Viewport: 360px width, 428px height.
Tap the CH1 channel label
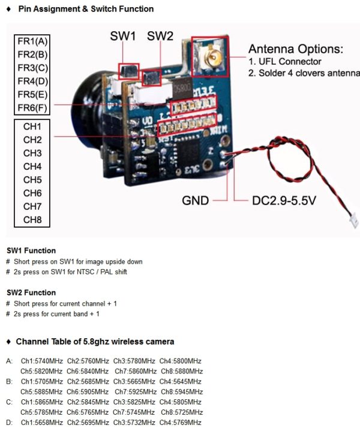click(x=32, y=126)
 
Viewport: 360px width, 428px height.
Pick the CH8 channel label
click(x=32, y=219)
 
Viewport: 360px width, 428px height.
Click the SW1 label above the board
click(x=123, y=36)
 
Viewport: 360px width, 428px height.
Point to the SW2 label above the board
click(x=160, y=36)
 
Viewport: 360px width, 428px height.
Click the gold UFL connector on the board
click(x=210, y=58)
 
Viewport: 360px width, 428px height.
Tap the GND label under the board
click(x=196, y=201)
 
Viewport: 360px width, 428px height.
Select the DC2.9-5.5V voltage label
click(x=284, y=201)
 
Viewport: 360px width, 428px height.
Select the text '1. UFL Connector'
click(x=285, y=62)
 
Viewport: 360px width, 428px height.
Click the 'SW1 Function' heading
click(x=31, y=251)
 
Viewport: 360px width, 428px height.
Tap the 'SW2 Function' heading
click(x=31, y=293)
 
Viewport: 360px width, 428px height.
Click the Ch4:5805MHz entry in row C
click(x=181, y=402)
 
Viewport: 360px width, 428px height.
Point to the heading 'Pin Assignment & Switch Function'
click(x=86, y=9)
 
